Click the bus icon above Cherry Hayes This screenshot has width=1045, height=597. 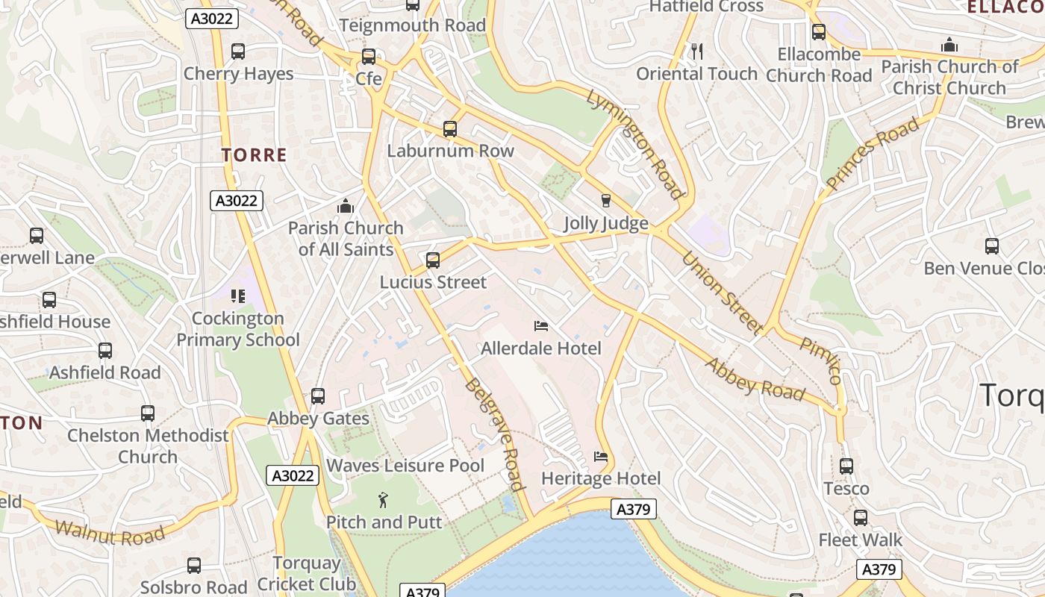tap(238, 51)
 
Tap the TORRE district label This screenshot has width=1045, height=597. tap(255, 155)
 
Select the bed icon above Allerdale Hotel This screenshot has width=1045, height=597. tap(541, 326)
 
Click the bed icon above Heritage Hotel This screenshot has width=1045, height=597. tap(601, 457)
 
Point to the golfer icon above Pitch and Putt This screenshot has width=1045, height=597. tap(384, 500)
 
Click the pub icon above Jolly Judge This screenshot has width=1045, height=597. tap(605, 201)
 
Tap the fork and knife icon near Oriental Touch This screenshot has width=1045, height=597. tap(697, 51)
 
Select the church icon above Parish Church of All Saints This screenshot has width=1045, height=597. tap(346, 205)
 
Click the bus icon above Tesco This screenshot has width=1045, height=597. tap(846, 466)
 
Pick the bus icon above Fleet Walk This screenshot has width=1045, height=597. tap(861, 518)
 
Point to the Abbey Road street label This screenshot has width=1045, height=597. tap(755, 380)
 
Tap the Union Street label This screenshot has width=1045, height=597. tap(722, 293)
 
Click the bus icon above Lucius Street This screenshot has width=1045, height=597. tap(433, 260)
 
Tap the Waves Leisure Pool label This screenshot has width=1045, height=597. tap(405, 466)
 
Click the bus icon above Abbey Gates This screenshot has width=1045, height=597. tap(318, 396)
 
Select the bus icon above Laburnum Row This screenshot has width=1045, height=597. tap(450, 129)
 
